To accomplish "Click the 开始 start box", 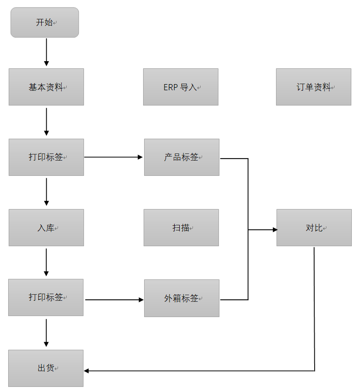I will pos(45,22).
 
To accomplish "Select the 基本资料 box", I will pos(46,87).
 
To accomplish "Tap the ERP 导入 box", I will pos(181,87).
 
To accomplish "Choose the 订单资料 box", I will pos(314,87).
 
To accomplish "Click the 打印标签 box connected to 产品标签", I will pos(46,157).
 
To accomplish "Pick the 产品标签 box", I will pos(182,157).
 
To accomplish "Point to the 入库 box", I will pos(46,227).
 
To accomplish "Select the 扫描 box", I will pos(181,227).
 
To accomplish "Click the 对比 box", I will pos(314,227).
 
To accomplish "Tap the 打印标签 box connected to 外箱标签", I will pos(46,297).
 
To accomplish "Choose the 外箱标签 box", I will pos(182,298).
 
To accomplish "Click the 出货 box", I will pos(46,368).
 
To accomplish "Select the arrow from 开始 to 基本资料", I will pos(46,52).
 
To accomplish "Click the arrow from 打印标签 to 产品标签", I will pos(114,157).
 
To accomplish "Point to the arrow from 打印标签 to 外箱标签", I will pos(114,300).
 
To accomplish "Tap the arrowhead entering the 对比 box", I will pos(274,230).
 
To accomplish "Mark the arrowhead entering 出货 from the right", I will pos(87,371).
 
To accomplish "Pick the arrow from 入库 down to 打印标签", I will pos(46,262).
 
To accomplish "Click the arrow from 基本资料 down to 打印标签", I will pos(46,121).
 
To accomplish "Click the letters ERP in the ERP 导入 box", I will pos(170,87).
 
